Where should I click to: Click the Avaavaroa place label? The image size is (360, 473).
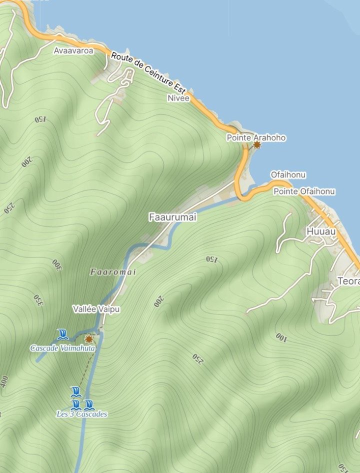pos(73,50)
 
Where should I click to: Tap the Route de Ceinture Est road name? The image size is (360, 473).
pos(148,73)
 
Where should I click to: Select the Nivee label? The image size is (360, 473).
pos(178,98)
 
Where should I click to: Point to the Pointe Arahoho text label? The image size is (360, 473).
pos(256,137)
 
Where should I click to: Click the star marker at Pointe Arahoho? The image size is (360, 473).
pos(257,145)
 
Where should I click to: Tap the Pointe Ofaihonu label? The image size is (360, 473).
pos(304,191)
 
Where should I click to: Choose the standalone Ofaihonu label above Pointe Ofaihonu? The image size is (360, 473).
pos(288,175)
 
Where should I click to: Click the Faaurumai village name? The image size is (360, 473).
pos(173,217)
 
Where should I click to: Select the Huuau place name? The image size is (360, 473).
pos(318,232)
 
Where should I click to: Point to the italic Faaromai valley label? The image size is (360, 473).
pos(113,272)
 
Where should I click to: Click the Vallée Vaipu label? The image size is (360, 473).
pos(96,309)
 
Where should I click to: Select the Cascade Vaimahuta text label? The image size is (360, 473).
pos(62,348)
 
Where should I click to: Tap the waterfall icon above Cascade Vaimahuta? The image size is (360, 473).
pos(62,334)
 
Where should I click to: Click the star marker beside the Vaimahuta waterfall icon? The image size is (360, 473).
pos(89,338)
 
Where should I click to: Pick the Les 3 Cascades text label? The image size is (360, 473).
pos(81,414)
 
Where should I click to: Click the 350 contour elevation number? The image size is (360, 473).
pos(37,299)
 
